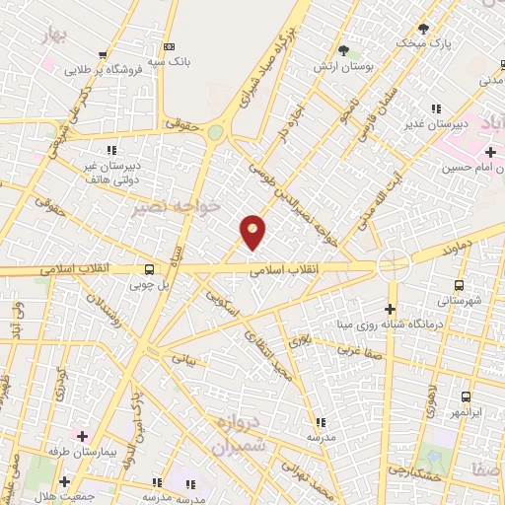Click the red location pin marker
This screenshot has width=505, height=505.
(253, 231)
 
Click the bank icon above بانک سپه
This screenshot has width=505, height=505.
(170, 46)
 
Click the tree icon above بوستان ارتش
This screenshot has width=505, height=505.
(343, 50)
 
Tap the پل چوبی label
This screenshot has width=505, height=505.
(149, 286)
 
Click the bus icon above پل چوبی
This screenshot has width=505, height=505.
(149, 269)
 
